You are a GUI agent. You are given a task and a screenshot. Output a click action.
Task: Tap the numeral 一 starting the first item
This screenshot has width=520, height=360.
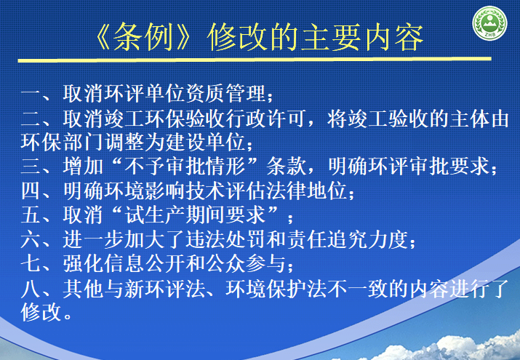click(32, 95)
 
